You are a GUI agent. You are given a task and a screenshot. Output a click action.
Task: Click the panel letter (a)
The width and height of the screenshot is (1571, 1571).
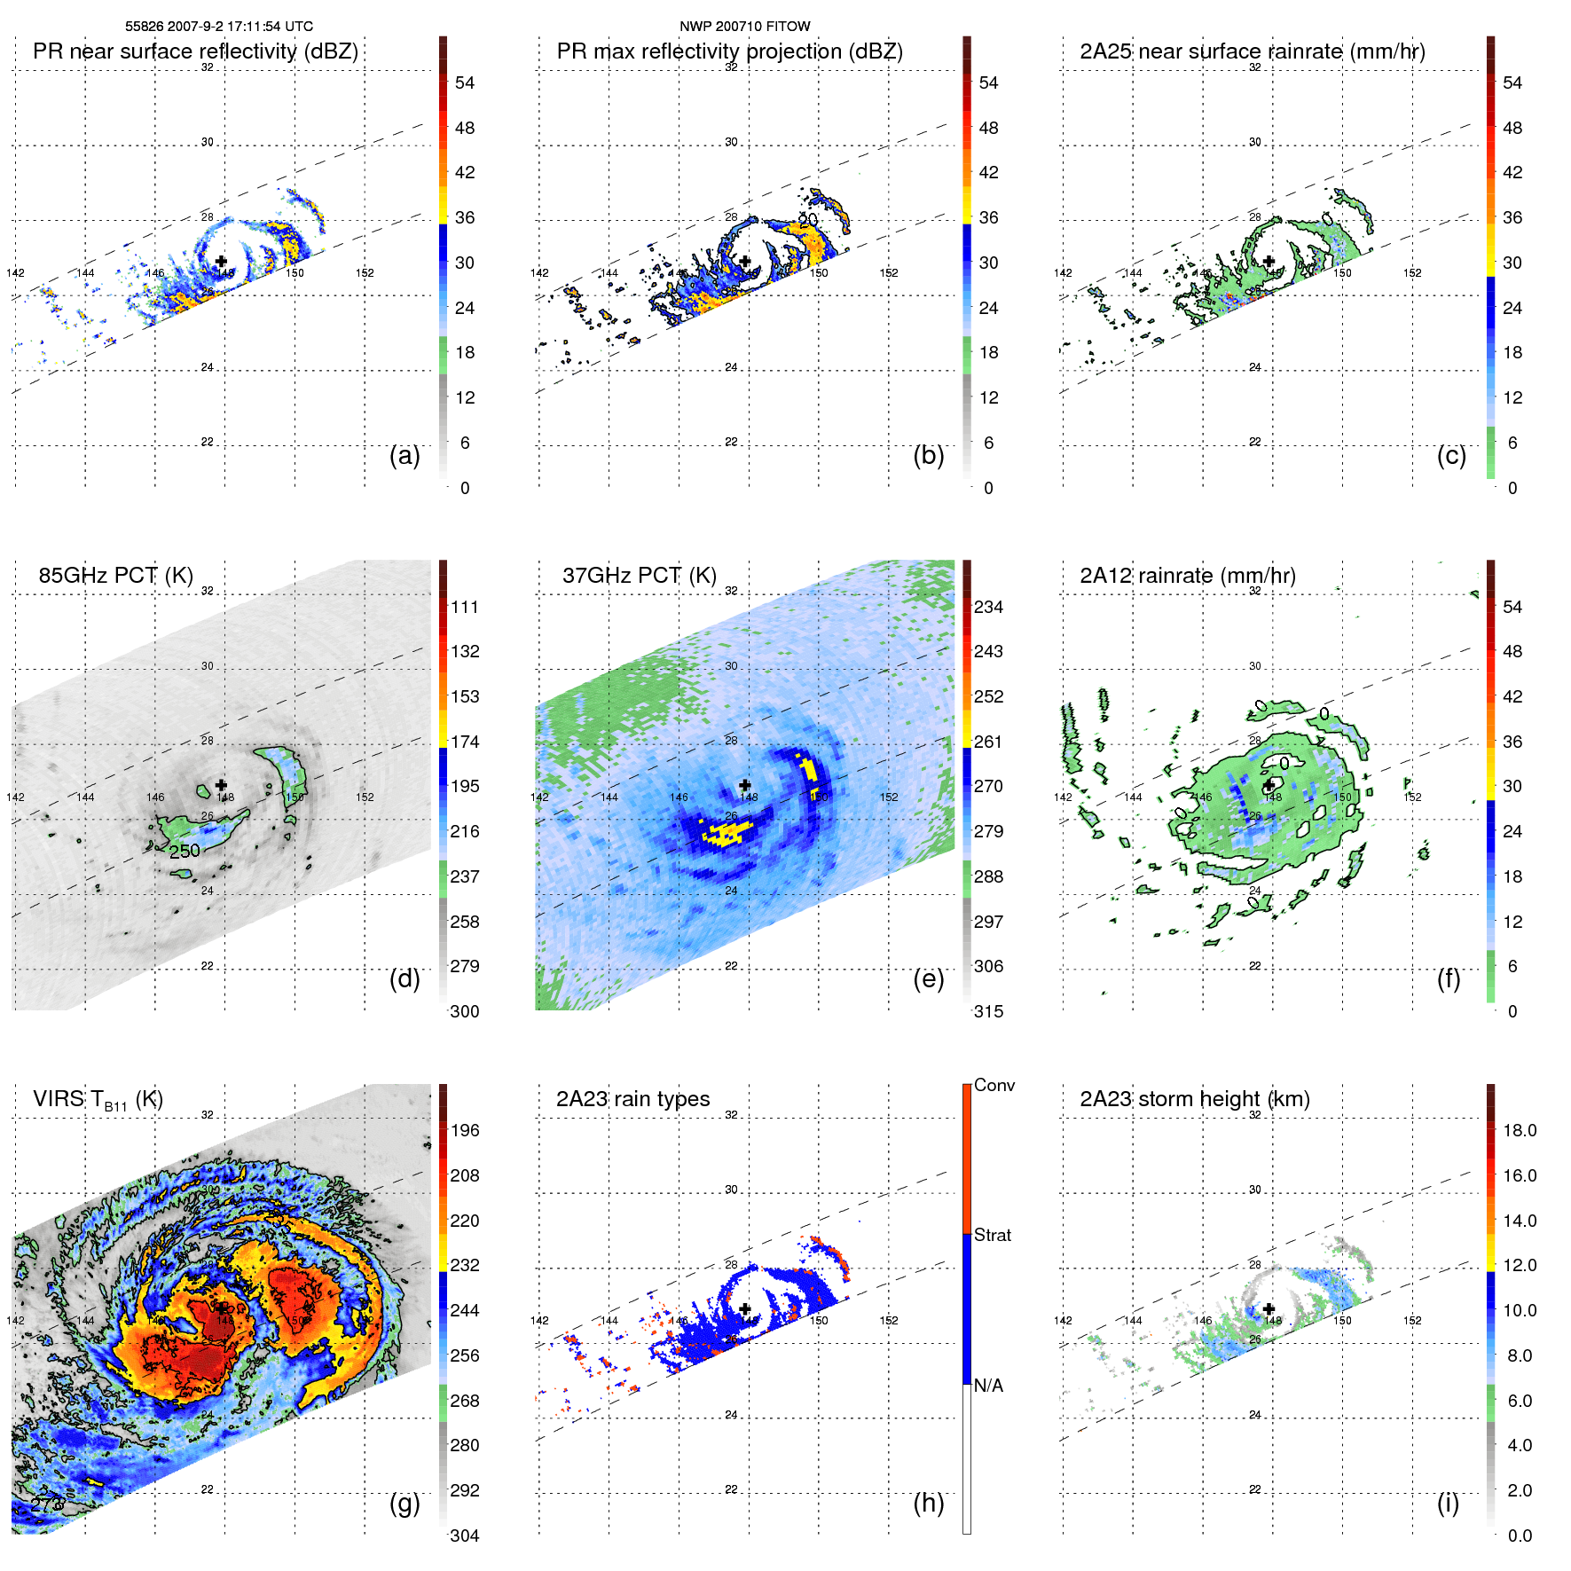[x=405, y=456]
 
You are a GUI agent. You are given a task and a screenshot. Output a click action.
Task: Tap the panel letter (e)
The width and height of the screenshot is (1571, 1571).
[x=928, y=979]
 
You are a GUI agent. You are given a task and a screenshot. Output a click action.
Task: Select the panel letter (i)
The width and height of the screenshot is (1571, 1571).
[x=1448, y=1503]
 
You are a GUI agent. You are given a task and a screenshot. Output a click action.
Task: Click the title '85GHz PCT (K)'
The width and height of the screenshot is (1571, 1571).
[x=115, y=575]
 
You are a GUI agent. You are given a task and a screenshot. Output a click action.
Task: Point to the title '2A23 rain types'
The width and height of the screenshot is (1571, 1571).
[x=632, y=1099]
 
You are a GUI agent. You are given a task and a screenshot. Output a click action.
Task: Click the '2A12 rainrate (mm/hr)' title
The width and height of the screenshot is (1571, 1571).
[x=1187, y=575]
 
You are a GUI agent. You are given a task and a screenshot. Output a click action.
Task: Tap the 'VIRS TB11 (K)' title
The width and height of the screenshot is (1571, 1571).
[x=98, y=1100]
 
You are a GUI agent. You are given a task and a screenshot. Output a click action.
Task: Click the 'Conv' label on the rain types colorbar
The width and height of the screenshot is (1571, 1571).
[x=994, y=1085]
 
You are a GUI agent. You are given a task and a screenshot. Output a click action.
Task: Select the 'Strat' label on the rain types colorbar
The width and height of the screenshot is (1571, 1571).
[x=992, y=1235]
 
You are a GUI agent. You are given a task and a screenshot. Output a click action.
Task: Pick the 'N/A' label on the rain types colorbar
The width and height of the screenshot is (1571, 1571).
[x=988, y=1386]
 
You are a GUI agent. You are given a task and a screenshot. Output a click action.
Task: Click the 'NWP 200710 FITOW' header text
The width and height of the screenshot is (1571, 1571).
[x=744, y=27]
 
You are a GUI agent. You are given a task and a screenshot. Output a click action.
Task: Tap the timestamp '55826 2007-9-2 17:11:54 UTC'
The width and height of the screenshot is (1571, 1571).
[x=218, y=27]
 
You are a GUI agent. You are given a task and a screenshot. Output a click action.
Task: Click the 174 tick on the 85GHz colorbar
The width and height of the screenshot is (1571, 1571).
[x=465, y=742]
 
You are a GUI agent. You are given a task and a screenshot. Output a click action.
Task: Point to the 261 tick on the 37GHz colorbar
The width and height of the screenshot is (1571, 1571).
[x=988, y=742]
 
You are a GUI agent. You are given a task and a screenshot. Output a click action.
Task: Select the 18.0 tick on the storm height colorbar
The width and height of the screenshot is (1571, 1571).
[x=1519, y=1130]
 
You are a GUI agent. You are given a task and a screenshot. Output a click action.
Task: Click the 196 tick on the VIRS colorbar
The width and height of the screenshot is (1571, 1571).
[x=465, y=1130]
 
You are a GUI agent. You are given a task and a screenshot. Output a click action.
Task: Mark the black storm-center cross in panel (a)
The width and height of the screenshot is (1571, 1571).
[x=221, y=261]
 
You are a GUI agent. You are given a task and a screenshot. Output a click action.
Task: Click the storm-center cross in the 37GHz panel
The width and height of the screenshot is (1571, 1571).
[x=745, y=785]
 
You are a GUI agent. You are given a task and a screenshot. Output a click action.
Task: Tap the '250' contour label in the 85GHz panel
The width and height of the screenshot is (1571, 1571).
[x=185, y=852]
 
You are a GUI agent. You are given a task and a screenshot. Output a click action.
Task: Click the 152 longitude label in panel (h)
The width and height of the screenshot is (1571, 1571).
[x=889, y=1321]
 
